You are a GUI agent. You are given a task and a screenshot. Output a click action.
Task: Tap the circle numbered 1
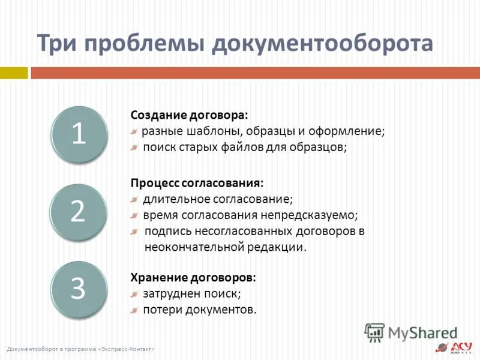(x=79, y=134)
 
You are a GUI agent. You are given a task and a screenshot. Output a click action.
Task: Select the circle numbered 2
(x=79, y=211)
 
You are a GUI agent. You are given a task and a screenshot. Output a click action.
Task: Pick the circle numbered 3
(x=79, y=289)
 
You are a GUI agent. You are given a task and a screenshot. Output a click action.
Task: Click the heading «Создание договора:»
(x=189, y=115)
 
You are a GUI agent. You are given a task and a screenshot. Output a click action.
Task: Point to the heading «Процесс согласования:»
(x=197, y=182)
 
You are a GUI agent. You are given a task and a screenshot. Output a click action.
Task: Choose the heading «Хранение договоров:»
(x=193, y=278)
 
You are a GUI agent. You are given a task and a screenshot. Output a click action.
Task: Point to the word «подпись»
(x=165, y=231)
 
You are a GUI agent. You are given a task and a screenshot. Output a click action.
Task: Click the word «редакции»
(x=276, y=247)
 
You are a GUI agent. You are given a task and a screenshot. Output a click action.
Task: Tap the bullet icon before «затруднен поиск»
(x=135, y=294)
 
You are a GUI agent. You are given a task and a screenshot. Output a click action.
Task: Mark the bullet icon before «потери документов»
(x=135, y=310)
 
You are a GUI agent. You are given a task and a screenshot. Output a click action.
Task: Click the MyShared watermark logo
(x=410, y=332)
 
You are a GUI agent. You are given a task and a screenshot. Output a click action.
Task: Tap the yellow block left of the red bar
(x=14, y=73)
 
